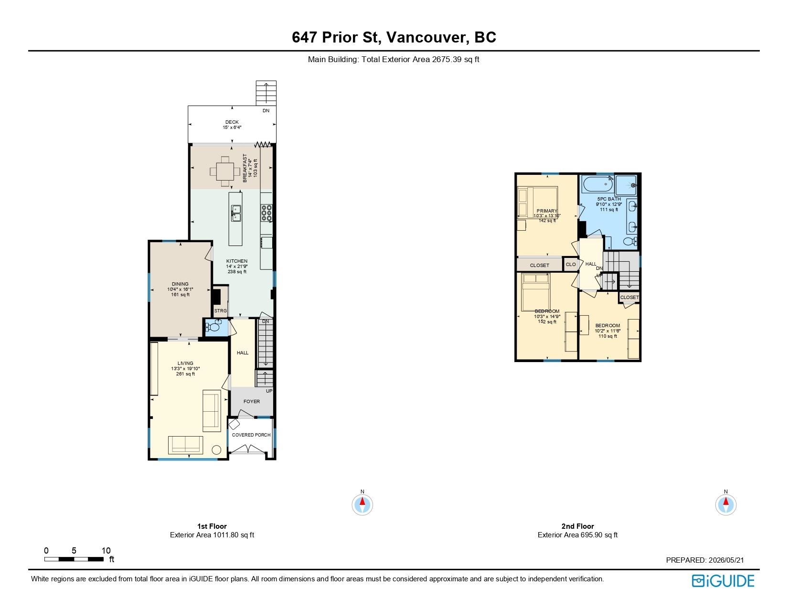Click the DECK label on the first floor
(232, 122)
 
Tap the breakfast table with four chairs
(225, 171)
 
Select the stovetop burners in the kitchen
(266, 214)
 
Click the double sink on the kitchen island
(236, 214)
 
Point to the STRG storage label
(221, 311)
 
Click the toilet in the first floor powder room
(213, 326)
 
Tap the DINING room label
(180, 284)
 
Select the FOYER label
(252, 402)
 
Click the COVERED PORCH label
(251, 435)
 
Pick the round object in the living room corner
(216, 450)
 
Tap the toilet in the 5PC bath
(630, 241)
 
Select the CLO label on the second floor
(571, 265)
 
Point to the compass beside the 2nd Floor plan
(725, 504)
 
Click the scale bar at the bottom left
(74, 559)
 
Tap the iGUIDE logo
(723, 581)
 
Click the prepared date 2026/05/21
(726, 560)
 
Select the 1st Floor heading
(212, 526)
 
